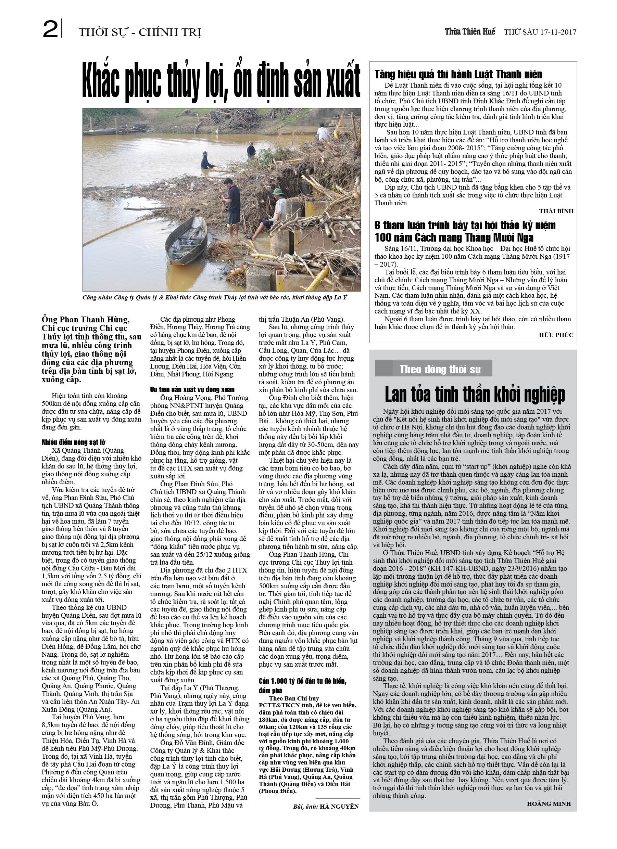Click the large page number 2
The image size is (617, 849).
51,29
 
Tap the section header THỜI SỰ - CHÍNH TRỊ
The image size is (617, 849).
140,33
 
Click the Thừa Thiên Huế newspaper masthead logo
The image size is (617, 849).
470,32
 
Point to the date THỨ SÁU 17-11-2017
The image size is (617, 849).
540,32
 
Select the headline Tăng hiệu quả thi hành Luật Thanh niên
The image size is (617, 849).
458,74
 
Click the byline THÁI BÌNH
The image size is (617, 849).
556,211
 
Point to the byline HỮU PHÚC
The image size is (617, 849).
556,335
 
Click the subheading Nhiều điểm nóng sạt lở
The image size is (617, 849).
73,442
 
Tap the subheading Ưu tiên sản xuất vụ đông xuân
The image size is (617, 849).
192,390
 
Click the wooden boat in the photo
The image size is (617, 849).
186,235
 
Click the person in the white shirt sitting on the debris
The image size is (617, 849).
322,132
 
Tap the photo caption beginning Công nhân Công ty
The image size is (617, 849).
215,298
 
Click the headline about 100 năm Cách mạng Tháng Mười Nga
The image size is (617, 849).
465,231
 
